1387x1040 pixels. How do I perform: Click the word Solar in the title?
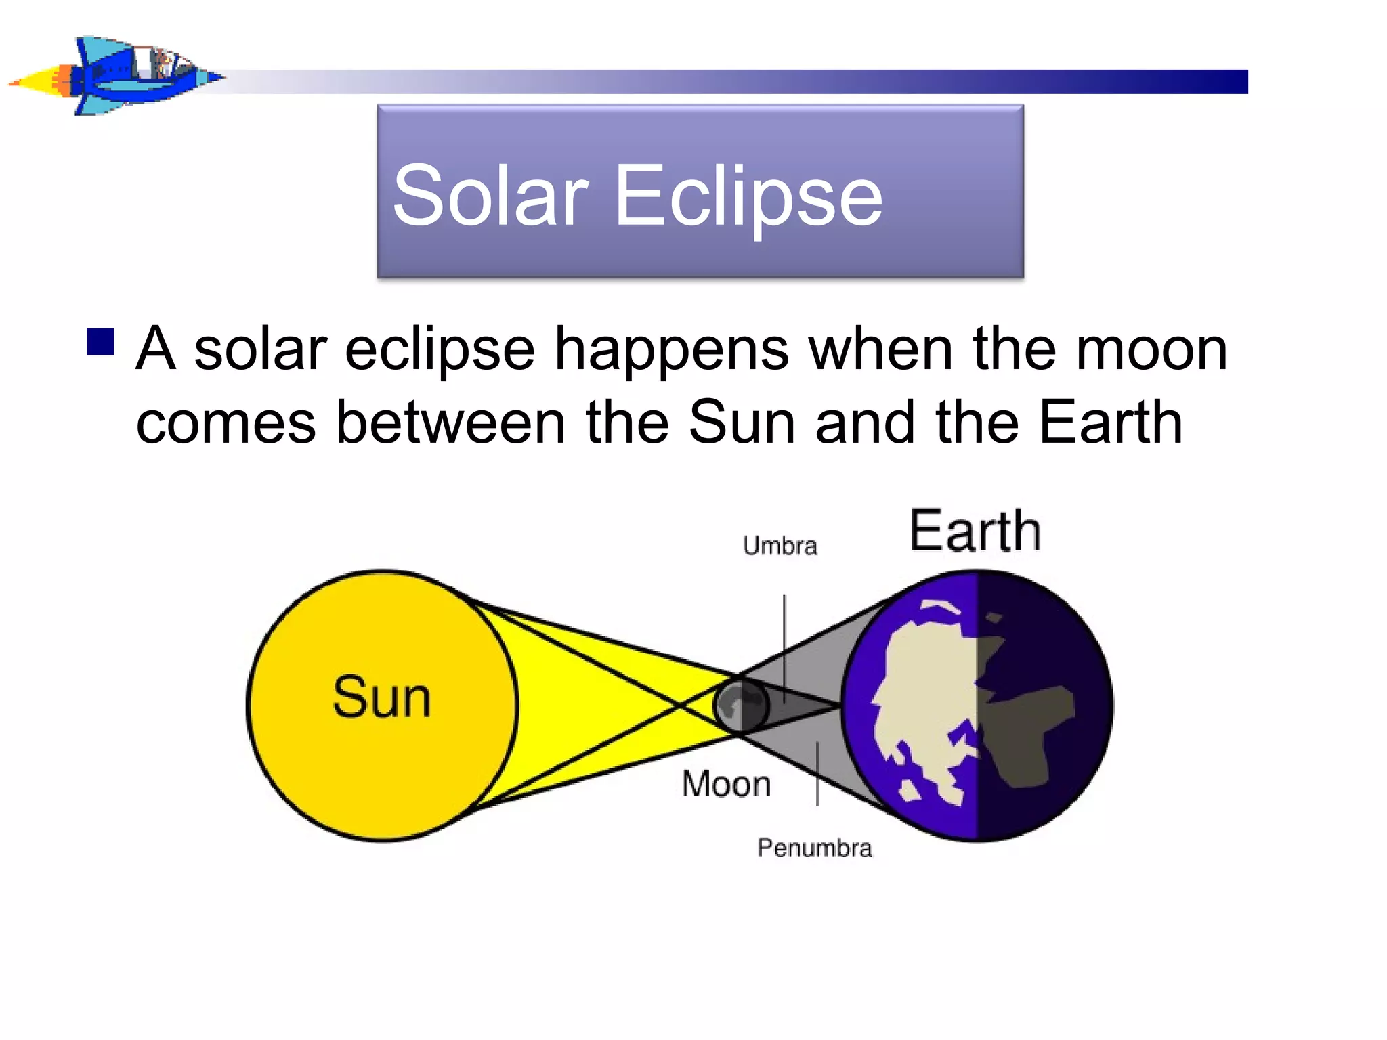coord(490,196)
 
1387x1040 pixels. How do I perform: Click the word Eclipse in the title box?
coord(748,196)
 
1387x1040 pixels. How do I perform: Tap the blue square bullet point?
coord(100,342)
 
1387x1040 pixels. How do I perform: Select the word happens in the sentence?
coord(671,351)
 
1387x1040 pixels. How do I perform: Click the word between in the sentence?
coord(450,423)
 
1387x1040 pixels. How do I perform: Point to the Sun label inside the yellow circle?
coord(381,697)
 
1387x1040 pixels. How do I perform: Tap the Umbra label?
coord(780,546)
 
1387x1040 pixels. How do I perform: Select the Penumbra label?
coord(814,848)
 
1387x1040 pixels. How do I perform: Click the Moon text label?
coord(726,784)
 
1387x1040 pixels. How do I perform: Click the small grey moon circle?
coord(740,706)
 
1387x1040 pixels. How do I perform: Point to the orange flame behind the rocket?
coord(61,81)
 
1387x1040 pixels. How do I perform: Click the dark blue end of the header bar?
coord(1219,82)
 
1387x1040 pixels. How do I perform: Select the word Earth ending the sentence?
coord(1111,423)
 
